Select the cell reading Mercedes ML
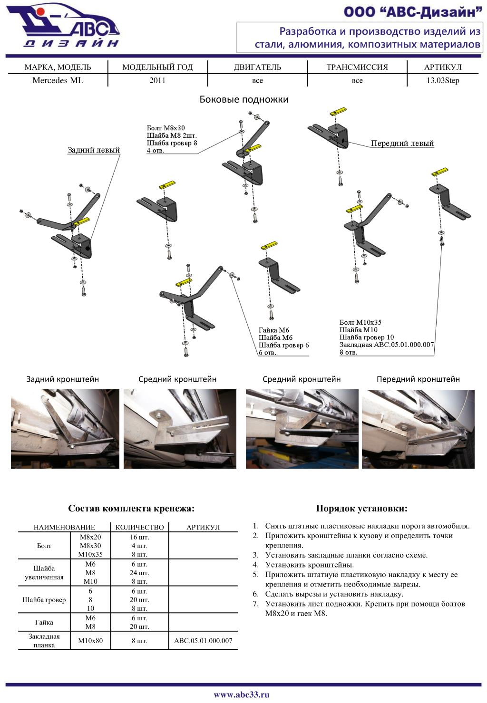pyautogui.click(x=58, y=80)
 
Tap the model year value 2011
pyautogui.click(x=157, y=80)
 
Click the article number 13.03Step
pyautogui.click(x=442, y=80)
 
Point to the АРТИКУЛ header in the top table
pyautogui.click(x=442, y=67)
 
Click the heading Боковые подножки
pyautogui.click(x=243, y=99)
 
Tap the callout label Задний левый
pyautogui.click(x=93, y=150)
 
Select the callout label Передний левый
pyautogui.click(x=402, y=144)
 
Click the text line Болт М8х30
pyautogui.click(x=166, y=128)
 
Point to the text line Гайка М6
pyautogui.click(x=273, y=330)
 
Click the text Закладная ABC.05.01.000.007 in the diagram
pyautogui.click(x=386, y=345)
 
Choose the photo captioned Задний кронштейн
pyautogui.click(x=65, y=429)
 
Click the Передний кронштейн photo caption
pyautogui.click(x=418, y=379)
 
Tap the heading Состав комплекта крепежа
pyautogui.click(x=131, y=509)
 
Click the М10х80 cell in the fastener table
pyautogui.click(x=90, y=641)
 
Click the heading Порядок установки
pyautogui.click(x=361, y=509)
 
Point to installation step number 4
pyautogui.click(x=309, y=565)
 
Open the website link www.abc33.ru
pyautogui.click(x=242, y=694)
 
